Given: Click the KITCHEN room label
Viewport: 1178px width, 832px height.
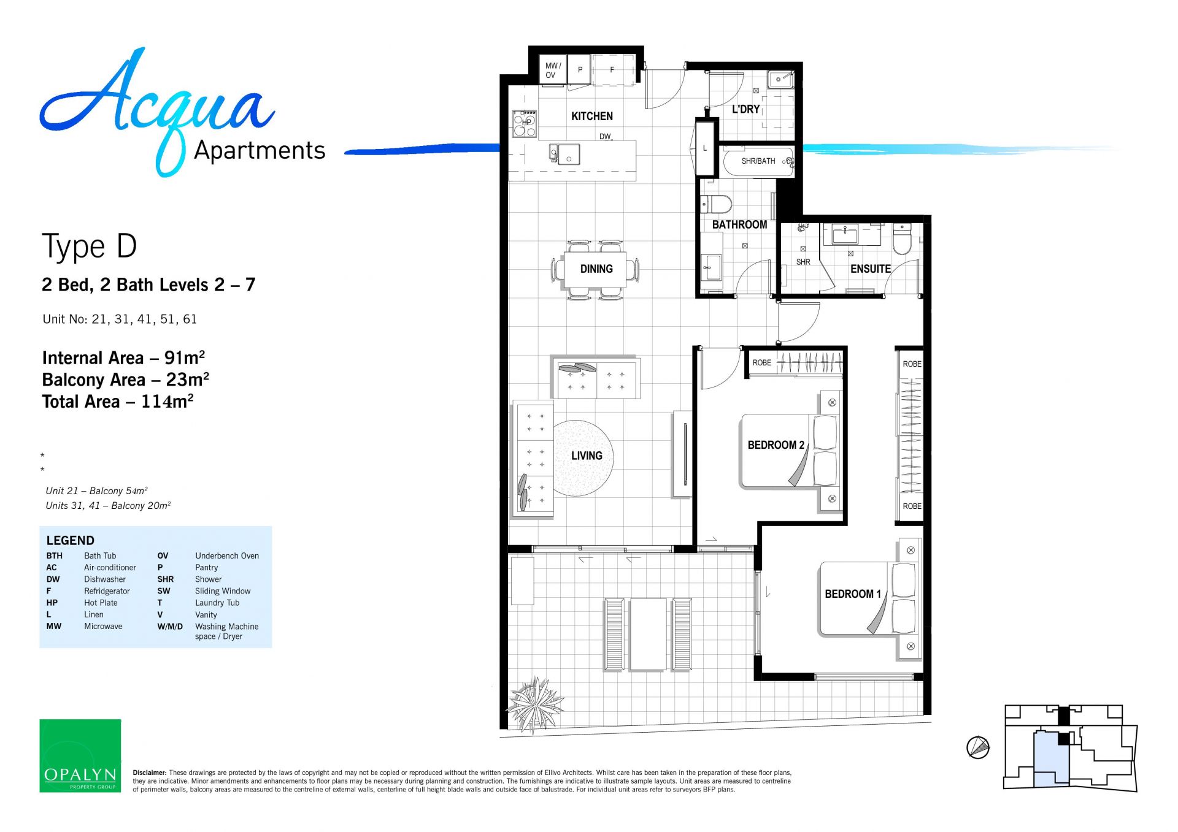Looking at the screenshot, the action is click(591, 116).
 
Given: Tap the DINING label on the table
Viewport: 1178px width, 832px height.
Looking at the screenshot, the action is click(596, 269).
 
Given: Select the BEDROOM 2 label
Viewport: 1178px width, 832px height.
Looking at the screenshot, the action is click(776, 445).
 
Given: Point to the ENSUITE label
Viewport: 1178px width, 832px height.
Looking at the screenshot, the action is click(870, 269).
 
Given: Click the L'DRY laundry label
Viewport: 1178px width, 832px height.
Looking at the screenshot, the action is click(745, 109).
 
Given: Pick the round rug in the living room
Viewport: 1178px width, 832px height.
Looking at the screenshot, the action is click(583, 458).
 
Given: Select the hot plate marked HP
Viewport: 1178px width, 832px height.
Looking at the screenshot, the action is click(525, 123).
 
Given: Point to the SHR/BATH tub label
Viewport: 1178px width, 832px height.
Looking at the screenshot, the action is click(758, 161).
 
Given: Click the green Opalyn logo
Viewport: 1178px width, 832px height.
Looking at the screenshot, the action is click(80, 755).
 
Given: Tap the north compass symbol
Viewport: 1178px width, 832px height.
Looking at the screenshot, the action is click(978, 747).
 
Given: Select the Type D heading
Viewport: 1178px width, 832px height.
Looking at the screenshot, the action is click(90, 246).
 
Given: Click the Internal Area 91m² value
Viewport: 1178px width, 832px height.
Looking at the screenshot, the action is click(123, 357).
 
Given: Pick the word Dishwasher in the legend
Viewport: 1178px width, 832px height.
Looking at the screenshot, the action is click(105, 579).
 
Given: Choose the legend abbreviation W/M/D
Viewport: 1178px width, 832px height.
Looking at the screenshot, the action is click(170, 626).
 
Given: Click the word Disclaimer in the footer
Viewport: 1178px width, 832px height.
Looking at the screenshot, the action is click(150, 773).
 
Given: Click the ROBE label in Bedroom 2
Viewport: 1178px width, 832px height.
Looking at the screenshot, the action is click(762, 362).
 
